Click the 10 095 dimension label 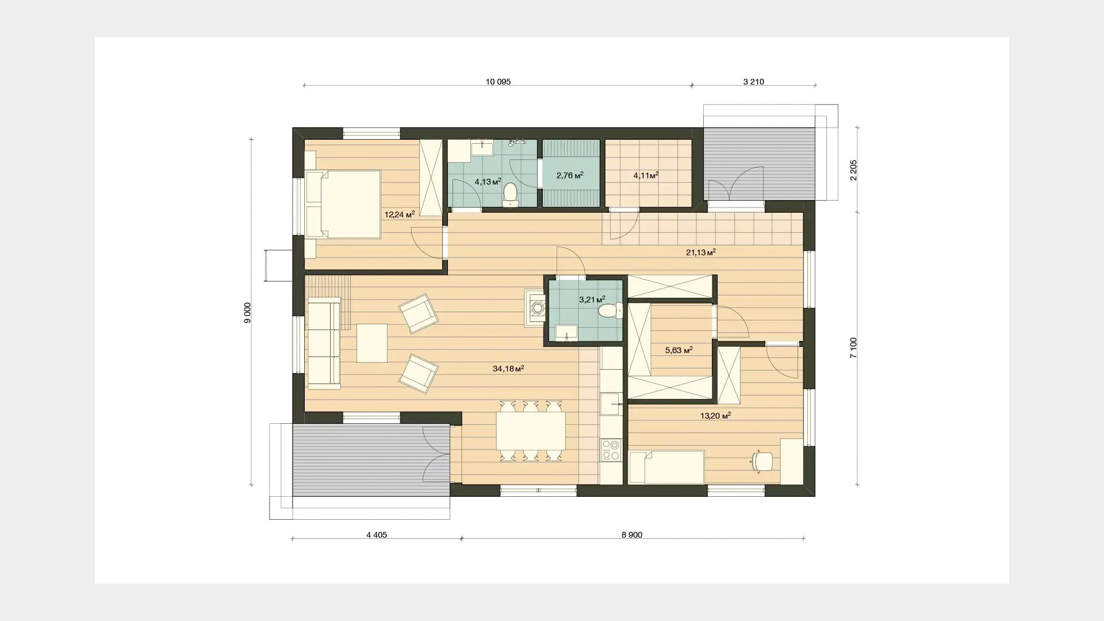click(498, 82)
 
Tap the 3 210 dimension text click(753, 82)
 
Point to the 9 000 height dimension click(247, 313)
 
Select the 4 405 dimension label click(377, 535)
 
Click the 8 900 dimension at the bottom click(632, 535)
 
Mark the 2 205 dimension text click(853, 170)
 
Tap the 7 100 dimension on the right click(853, 348)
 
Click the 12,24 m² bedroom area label click(400, 214)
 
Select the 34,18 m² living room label click(508, 368)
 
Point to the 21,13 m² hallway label click(701, 252)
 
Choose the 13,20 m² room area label click(715, 415)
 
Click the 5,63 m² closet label click(678, 350)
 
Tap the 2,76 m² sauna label click(570, 175)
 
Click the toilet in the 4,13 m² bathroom click(510, 194)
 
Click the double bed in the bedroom click(343, 204)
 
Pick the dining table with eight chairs click(531, 431)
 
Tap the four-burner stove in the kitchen click(611, 450)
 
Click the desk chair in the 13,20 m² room click(762, 462)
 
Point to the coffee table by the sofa click(371, 343)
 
